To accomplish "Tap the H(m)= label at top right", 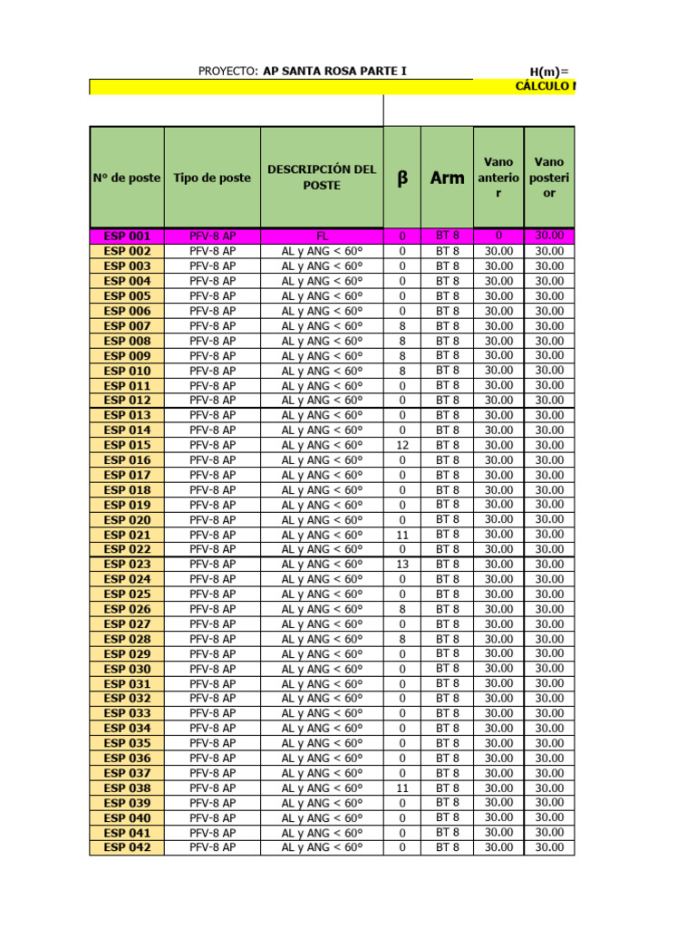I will [x=549, y=72].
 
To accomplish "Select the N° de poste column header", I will [x=127, y=178].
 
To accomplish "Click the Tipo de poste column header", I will [x=212, y=178].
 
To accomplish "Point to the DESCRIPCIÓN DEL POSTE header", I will [x=322, y=178].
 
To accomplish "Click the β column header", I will [x=402, y=179].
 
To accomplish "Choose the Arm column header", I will [x=447, y=179].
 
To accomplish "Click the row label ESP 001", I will [x=127, y=236].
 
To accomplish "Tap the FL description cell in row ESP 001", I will [x=322, y=236].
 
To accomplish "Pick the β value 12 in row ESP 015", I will [x=402, y=445].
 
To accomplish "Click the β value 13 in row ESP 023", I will [x=402, y=565].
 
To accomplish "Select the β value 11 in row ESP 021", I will [x=402, y=535].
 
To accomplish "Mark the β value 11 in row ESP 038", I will [x=402, y=788].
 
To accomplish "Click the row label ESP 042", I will [x=127, y=847].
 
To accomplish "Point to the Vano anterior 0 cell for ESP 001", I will [x=498, y=236].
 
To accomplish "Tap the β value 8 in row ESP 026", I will [x=402, y=609].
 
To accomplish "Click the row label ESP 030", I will [x=127, y=669].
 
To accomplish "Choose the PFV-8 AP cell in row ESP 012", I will [x=212, y=401].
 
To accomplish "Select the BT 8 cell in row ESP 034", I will [x=447, y=729].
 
